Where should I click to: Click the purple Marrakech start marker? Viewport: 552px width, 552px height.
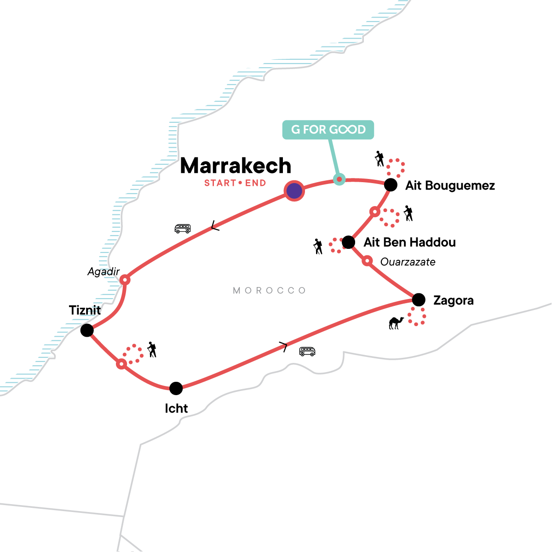coord(294,190)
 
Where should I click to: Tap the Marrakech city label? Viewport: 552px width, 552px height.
coord(236,166)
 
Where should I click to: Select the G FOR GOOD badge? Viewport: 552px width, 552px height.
coord(328,130)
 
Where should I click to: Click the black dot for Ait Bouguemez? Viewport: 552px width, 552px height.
coord(391,185)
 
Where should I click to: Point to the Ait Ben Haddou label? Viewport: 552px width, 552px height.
coord(409,242)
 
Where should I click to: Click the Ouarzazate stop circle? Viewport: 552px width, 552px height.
coord(367,261)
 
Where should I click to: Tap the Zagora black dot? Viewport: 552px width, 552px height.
coord(419,300)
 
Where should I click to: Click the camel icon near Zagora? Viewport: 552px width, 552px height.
coord(396,323)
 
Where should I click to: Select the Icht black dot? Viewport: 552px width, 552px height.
coord(176,388)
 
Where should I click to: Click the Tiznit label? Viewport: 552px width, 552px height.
coord(85,310)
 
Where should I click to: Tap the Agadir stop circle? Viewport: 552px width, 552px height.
coord(125,280)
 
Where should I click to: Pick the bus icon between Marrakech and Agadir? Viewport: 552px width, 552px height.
coord(183,229)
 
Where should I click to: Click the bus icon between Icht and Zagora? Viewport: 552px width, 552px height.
coord(307,351)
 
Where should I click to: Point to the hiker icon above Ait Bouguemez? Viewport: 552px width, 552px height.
coord(379,159)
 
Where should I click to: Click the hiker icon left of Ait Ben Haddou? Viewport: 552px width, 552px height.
coord(318,247)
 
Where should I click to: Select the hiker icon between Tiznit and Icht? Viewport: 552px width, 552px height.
coord(152,350)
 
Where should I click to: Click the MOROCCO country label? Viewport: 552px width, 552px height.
coord(270,291)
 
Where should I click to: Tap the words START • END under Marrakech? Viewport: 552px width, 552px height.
coord(235,183)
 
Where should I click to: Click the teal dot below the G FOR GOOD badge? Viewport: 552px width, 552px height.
coord(339,179)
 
